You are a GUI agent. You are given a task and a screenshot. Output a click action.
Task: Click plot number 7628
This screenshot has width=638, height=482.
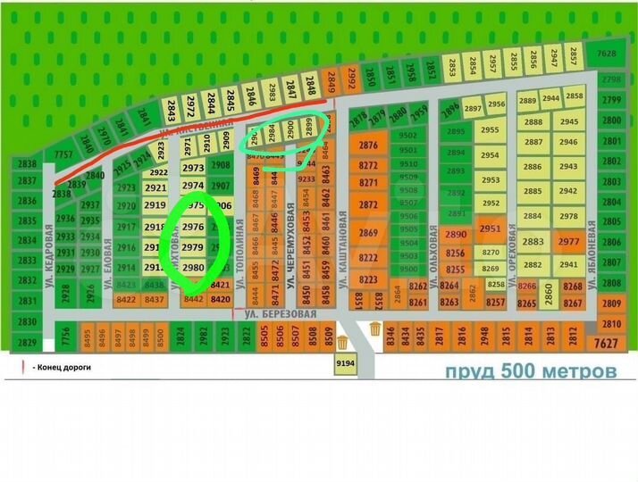click(607, 54)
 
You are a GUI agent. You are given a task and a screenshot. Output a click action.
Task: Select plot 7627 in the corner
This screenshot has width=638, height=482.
click(607, 343)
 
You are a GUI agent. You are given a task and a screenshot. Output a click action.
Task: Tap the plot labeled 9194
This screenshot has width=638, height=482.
click(345, 362)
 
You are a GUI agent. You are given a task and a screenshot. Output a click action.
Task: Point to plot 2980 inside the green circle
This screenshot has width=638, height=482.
click(193, 267)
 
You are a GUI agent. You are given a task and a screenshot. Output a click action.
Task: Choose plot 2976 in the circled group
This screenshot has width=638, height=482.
click(193, 228)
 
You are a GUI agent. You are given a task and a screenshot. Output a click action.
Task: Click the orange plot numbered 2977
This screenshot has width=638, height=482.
click(568, 242)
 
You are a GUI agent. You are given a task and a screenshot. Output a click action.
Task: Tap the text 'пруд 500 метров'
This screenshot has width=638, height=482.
click(531, 370)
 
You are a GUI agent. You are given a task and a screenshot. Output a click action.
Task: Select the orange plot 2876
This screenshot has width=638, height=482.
click(368, 145)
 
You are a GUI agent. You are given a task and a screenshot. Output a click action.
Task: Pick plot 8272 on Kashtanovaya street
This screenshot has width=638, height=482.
click(368, 165)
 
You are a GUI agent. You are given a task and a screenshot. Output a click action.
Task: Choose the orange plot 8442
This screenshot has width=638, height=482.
click(193, 299)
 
